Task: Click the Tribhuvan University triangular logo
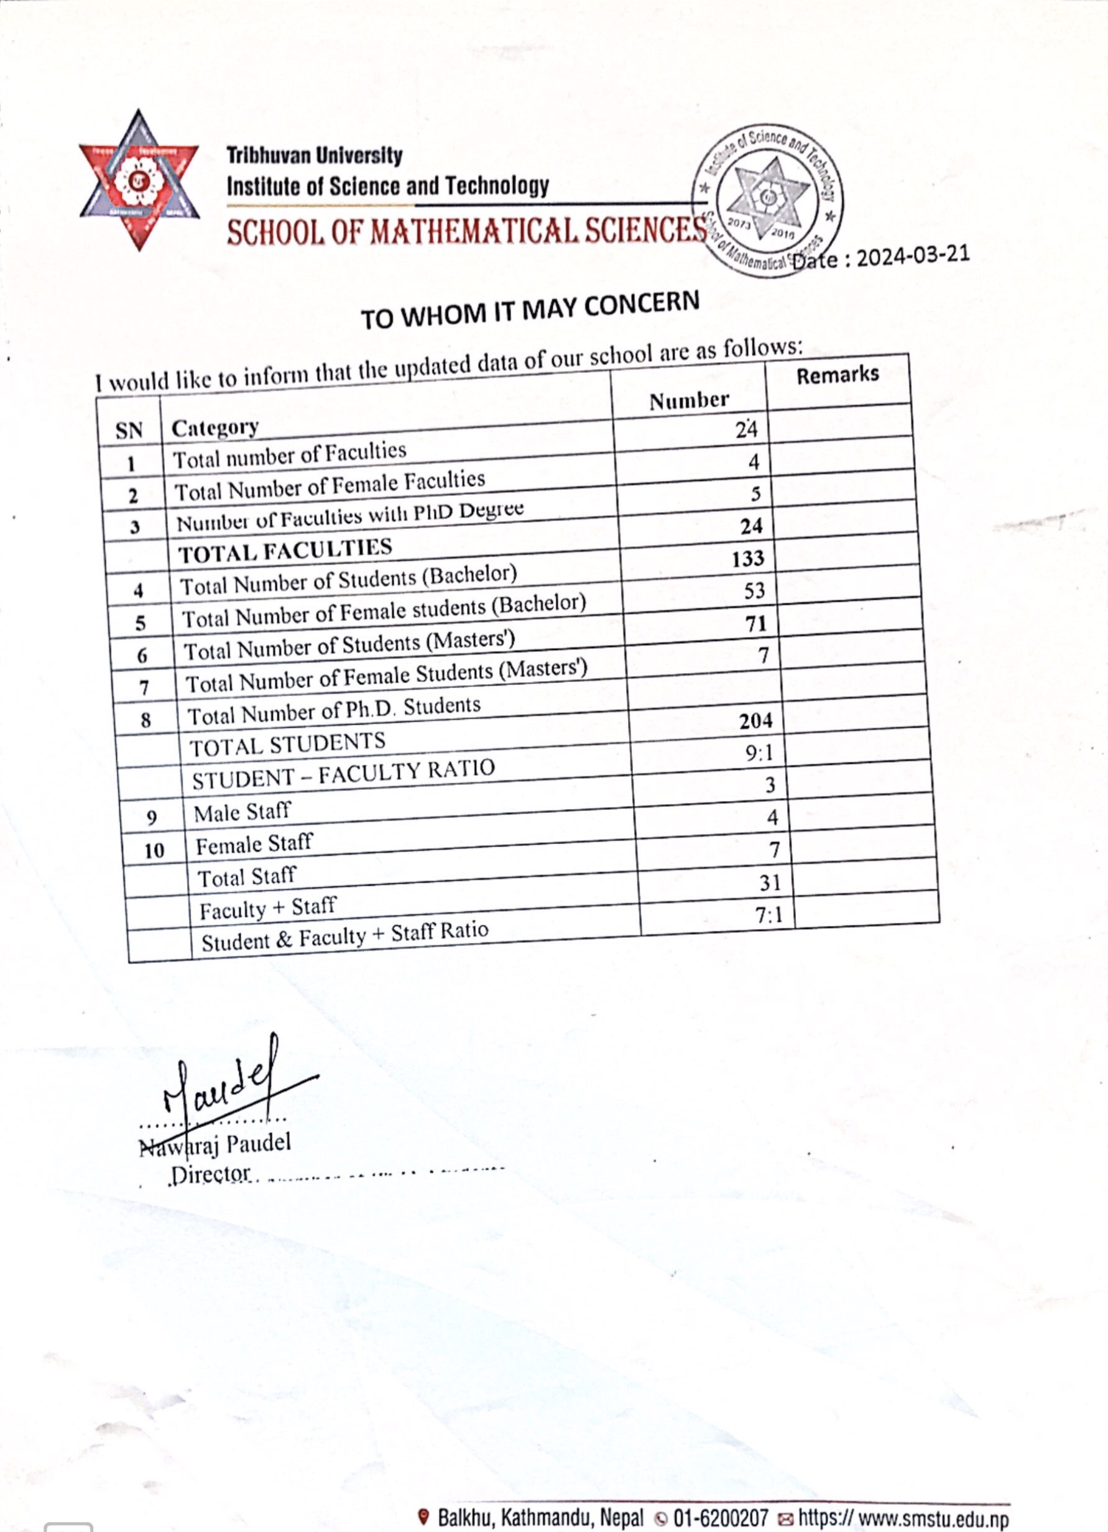point(139,180)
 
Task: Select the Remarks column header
point(837,375)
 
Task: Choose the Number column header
point(689,401)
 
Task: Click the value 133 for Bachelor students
point(747,559)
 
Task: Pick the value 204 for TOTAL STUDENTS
point(755,722)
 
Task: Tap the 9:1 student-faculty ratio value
point(759,753)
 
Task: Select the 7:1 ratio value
point(769,915)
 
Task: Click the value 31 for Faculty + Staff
point(770,882)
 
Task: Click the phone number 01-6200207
point(720,1518)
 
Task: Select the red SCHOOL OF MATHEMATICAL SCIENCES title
point(466,232)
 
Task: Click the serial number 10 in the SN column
point(154,850)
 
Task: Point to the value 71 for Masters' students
point(756,623)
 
